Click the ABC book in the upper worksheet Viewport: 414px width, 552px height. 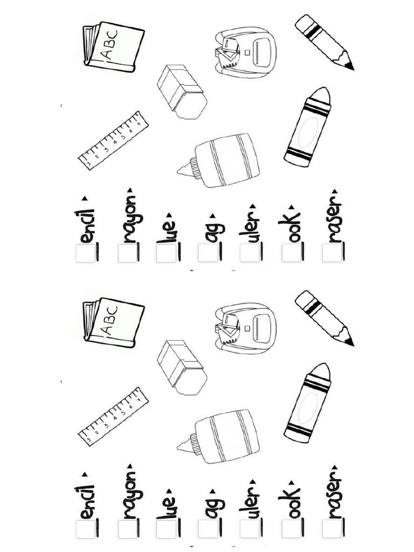[114, 46]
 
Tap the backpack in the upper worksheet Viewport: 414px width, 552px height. [245, 52]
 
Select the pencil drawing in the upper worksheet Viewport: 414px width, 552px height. [324, 42]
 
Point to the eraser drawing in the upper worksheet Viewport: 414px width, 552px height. [182, 91]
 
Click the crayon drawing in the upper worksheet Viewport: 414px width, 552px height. [308, 127]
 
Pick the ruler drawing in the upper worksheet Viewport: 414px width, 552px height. [113, 140]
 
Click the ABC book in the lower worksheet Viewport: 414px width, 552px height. [114, 322]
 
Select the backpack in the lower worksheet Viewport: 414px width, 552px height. [245, 328]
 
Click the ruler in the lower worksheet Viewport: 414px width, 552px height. [113, 416]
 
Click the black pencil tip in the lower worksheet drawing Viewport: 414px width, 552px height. [349, 341]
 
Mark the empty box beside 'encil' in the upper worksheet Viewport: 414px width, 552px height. [85, 253]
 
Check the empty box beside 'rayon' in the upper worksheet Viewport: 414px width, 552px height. [127, 253]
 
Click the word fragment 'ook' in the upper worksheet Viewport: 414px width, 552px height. [291, 226]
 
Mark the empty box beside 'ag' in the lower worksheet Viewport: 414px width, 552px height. [208, 529]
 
